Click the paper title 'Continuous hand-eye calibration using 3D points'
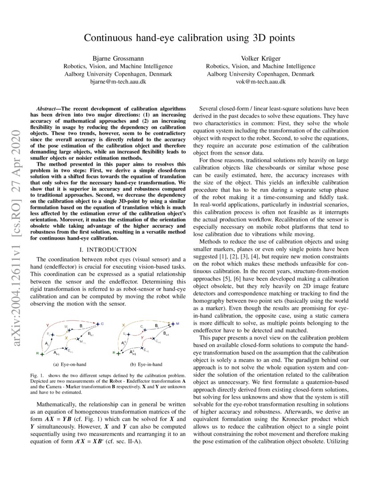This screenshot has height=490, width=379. (x=189, y=38)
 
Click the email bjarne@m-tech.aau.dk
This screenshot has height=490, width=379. (x=118, y=82)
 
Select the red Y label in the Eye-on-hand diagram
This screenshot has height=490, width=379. (x=48, y=326)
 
